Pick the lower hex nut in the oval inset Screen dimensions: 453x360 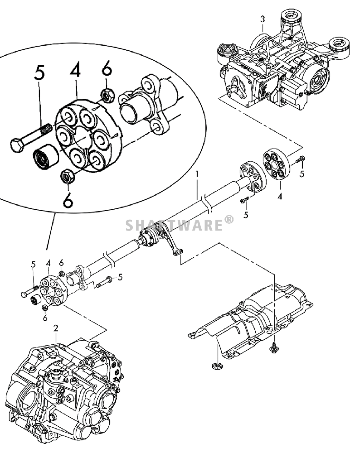pos(68,176)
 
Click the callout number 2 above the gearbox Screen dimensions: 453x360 pos(55,328)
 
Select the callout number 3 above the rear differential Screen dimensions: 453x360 pos(262,19)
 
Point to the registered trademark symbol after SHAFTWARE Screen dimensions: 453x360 pos(229,220)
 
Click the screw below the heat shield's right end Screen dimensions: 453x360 pos(275,348)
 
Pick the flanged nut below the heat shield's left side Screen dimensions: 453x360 pos(217,366)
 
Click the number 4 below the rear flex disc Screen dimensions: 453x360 pos(280,198)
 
